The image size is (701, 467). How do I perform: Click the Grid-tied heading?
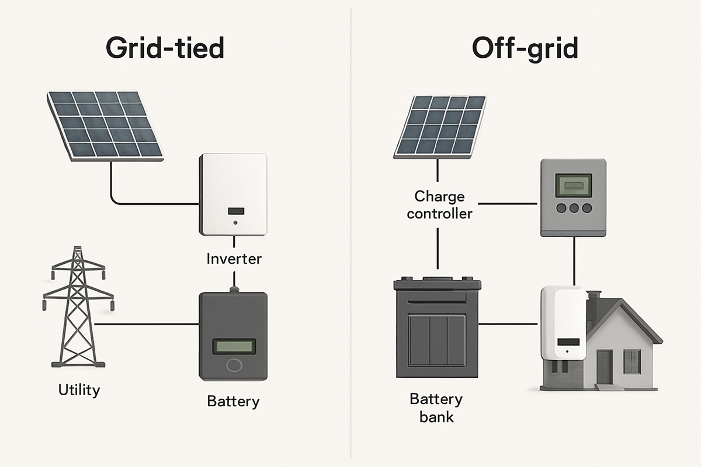(166, 48)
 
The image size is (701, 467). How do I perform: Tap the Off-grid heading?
(525, 49)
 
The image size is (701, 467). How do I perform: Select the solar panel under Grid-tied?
(105, 124)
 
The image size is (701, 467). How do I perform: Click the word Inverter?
(234, 258)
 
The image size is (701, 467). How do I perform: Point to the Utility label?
(79, 389)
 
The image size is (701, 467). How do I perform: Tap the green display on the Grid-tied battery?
(234, 346)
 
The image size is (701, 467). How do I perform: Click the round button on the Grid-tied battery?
(234, 366)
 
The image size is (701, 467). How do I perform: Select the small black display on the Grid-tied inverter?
(235, 211)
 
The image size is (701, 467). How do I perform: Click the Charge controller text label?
(439, 204)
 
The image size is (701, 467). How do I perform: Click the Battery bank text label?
(436, 408)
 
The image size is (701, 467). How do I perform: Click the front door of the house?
(604, 367)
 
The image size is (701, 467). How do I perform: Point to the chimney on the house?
(594, 301)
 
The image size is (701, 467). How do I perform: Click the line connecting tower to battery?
(146, 323)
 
